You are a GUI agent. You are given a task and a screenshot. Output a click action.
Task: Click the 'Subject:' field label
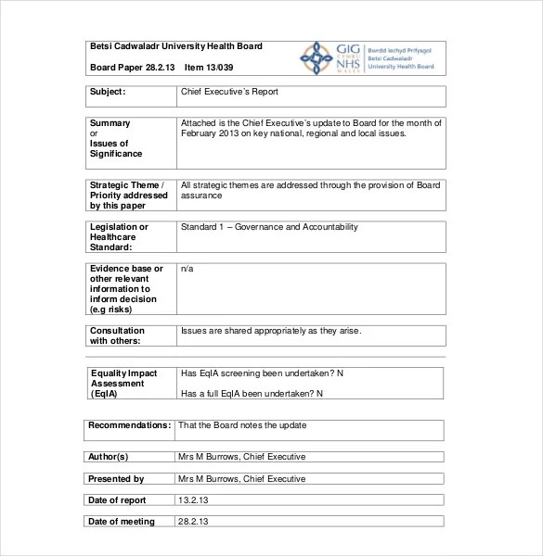click(x=109, y=92)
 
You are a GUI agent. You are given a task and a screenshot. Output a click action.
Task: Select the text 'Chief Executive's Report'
click(x=229, y=92)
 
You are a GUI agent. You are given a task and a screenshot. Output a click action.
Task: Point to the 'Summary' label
click(x=110, y=122)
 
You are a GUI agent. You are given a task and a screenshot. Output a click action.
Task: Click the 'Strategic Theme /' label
click(x=127, y=184)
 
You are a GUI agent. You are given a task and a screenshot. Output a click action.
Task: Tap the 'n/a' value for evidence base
click(x=187, y=268)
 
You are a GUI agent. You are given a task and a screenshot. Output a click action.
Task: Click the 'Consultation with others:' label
click(x=117, y=335)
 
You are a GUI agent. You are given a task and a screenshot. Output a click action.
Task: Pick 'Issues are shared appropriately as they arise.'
click(x=271, y=331)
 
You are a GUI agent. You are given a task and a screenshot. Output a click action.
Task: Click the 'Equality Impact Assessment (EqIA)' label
click(x=123, y=383)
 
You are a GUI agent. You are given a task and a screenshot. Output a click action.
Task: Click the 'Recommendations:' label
click(x=129, y=425)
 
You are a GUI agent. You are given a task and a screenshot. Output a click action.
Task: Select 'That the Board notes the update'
click(x=241, y=425)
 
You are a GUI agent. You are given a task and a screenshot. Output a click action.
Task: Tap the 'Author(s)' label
click(x=109, y=457)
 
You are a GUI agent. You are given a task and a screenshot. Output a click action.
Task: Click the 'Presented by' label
click(x=116, y=479)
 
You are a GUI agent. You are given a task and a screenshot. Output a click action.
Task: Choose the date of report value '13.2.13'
click(x=193, y=500)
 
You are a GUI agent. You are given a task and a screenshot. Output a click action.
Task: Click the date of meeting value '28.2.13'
click(x=193, y=522)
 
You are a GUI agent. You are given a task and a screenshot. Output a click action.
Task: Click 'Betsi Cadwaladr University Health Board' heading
click(x=175, y=46)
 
